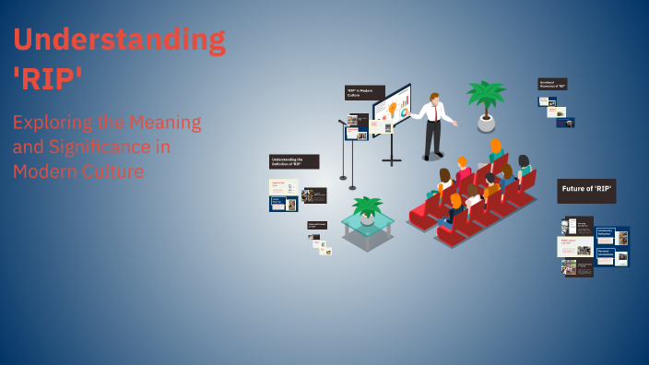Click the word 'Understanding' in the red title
tap(119, 41)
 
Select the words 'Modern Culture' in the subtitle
tap(78, 171)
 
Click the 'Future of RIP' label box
tap(586, 191)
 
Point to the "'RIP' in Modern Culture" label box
tap(364, 92)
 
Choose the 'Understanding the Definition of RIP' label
tap(294, 161)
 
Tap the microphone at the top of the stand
tap(341, 121)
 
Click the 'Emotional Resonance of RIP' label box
tap(552, 84)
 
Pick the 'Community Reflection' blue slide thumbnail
tap(612, 236)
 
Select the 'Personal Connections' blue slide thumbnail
tap(612, 255)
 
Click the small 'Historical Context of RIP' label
tap(317, 224)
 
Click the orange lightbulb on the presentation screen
tap(393, 109)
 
